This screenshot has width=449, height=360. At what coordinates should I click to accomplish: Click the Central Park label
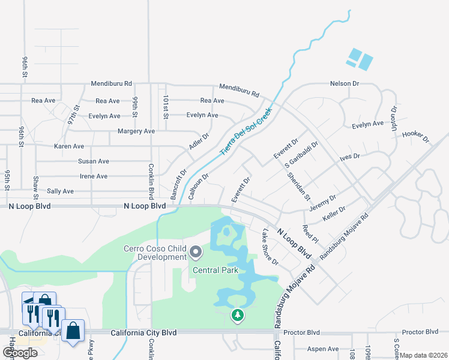(x=215, y=270)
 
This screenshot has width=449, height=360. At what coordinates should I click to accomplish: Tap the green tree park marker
(x=238, y=314)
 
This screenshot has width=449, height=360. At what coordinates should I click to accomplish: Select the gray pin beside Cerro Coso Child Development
(x=196, y=251)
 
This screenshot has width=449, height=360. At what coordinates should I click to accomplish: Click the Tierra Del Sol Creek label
(x=246, y=130)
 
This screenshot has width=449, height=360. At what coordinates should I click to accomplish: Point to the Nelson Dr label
(x=345, y=84)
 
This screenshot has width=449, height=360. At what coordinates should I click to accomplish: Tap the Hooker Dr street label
(x=417, y=137)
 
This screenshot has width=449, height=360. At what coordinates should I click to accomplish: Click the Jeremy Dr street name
(x=323, y=202)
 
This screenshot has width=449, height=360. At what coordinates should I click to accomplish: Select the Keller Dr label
(x=334, y=214)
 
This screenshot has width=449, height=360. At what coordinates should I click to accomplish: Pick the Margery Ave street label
(x=137, y=131)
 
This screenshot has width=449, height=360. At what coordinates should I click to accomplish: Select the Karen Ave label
(x=69, y=146)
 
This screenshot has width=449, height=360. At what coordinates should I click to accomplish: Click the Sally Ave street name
(x=60, y=191)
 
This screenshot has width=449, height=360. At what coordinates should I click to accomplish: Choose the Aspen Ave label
(x=323, y=349)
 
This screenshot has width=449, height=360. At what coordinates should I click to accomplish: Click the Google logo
(x=20, y=353)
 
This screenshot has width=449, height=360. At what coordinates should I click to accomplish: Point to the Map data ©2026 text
(x=423, y=355)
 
